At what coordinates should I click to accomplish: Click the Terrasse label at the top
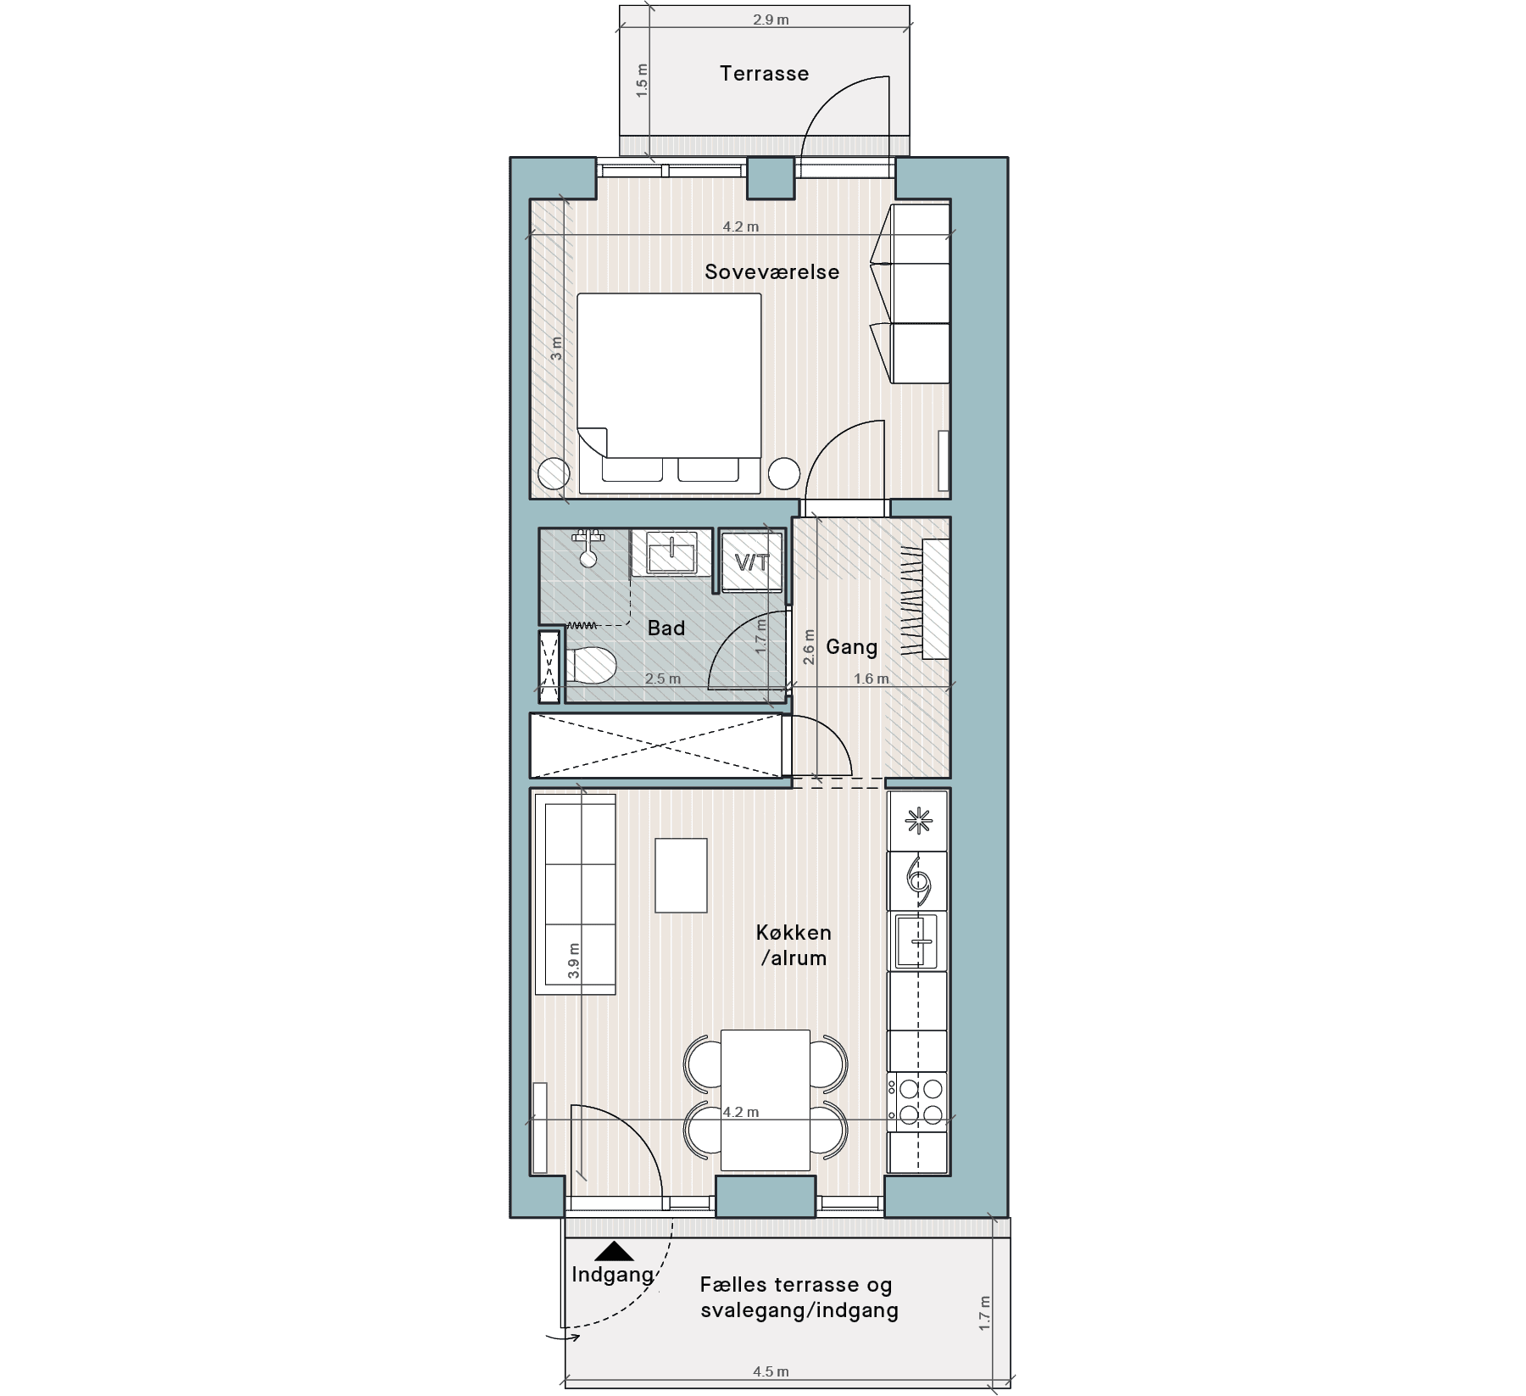click(764, 74)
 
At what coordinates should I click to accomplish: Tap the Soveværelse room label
click(771, 272)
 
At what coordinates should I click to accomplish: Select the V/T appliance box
click(752, 561)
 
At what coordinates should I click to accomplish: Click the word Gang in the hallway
click(851, 647)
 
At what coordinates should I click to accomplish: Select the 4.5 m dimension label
click(771, 1371)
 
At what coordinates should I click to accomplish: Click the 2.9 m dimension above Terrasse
click(771, 19)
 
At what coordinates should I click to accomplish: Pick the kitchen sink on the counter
click(916, 941)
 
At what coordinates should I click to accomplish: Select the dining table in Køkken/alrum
click(766, 1100)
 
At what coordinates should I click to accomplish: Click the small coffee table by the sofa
click(682, 875)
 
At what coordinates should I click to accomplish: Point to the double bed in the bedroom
click(670, 394)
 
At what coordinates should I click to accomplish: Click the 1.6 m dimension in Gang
click(872, 678)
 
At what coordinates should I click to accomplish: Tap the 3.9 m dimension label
click(574, 962)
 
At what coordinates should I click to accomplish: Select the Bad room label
click(666, 628)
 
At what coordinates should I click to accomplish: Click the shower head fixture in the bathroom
click(588, 548)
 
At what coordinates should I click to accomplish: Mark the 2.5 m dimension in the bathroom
click(663, 678)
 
